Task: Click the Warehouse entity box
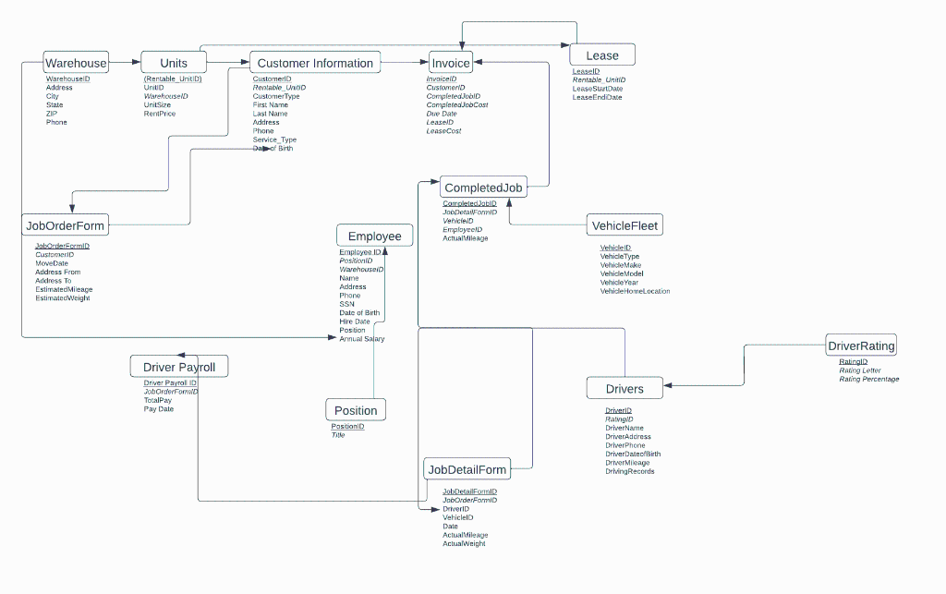pos(77,63)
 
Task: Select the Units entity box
pos(174,63)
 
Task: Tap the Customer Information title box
pos(315,63)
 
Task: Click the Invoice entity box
pos(451,63)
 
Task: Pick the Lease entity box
pos(602,55)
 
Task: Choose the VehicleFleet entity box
pos(625,225)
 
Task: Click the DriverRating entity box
pos(861,346)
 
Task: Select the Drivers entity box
pos(625,389)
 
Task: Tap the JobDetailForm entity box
pos(467,469)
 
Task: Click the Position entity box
pos(356,410)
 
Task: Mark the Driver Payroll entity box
pos(179,367)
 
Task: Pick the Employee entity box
pos(374,236)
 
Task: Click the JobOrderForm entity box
pos(65,224)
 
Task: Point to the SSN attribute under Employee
pos(346,304)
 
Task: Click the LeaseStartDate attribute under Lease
pos(598,89)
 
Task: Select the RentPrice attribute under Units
pos(159,114)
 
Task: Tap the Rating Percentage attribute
pos(868,380)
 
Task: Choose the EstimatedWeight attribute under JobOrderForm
pos(63,298)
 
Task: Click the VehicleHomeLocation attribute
pos(635,291)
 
